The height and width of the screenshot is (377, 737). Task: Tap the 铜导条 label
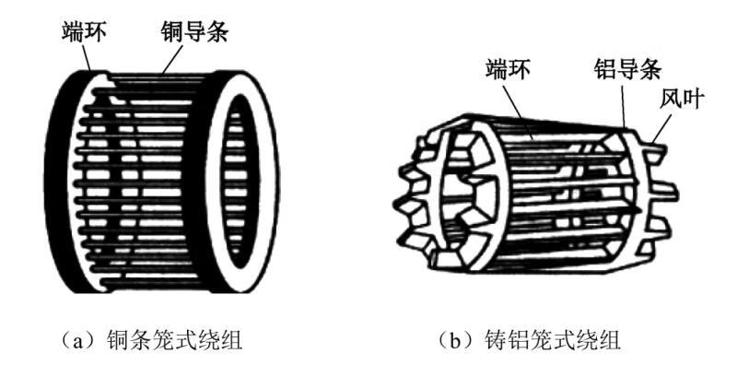pyautogui.click(x=195, y=29)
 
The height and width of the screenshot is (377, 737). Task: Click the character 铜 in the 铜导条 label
pyautogui.click(x=168, y=29)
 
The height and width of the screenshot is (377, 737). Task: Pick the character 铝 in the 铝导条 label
pyautogui.click(x=599, y=68)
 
